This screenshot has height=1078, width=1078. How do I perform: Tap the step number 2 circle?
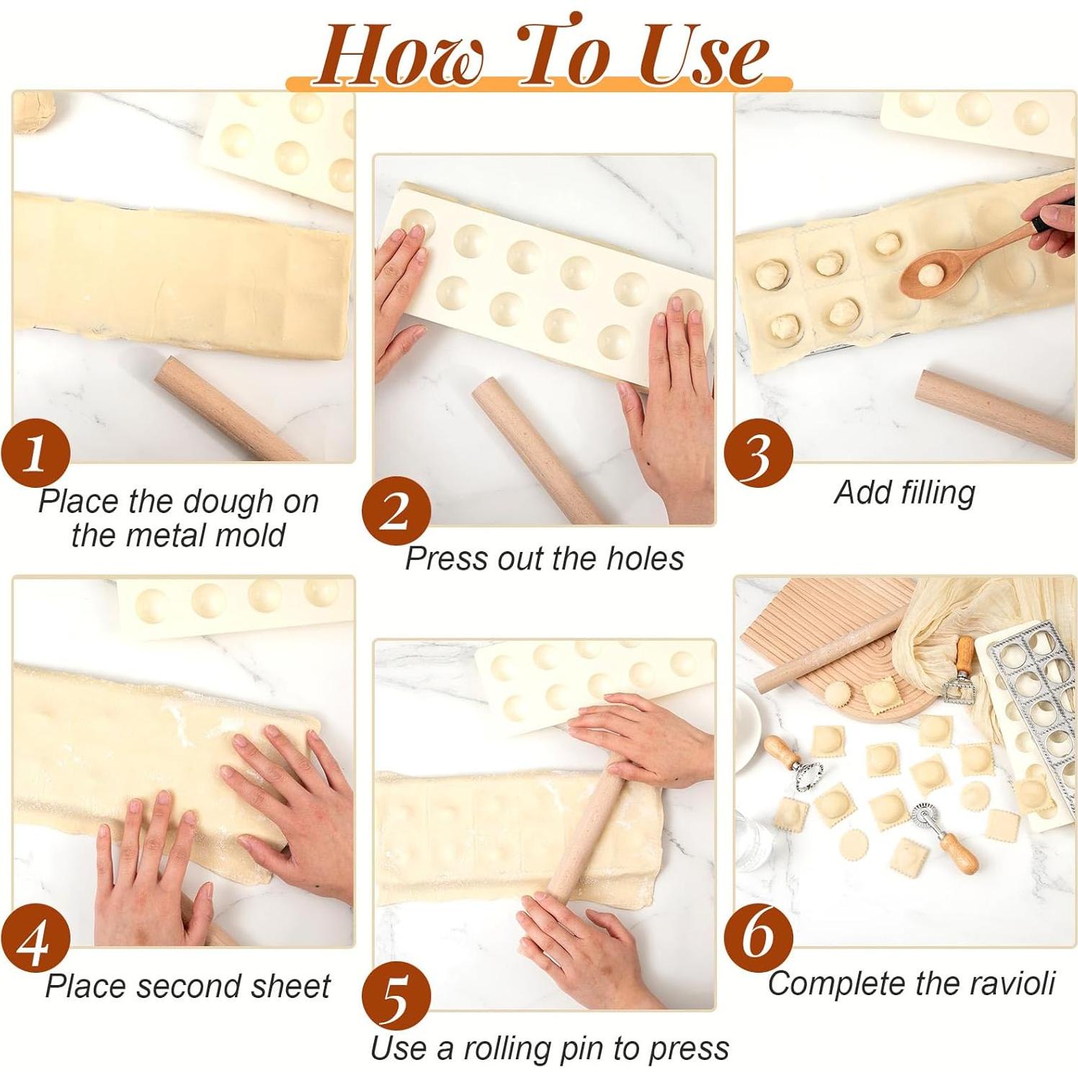coord(396,512)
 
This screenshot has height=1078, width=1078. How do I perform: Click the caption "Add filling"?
coord(904,493)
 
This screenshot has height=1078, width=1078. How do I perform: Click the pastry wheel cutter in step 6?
coord(937,829)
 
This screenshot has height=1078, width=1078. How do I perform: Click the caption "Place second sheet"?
coord(187,986)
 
